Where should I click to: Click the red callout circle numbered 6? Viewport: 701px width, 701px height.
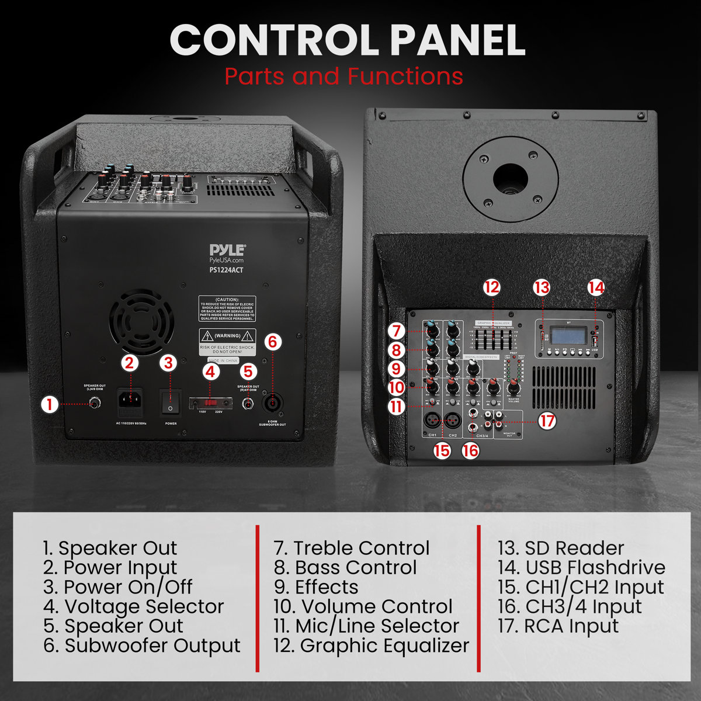pos(273,342)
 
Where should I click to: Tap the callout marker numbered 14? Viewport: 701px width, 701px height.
pos(596,287)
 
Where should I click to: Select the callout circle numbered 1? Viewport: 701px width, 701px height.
pos(51,404)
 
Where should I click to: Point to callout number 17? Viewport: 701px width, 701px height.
pos(547,421)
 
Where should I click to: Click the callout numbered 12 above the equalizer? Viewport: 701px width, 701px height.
pos(492,287)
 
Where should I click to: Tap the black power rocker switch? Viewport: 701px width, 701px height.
pos(170,402)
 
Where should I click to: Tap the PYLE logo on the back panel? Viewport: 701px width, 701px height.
pos(227,251)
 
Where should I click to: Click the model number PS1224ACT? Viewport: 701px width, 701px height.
pos(227,270)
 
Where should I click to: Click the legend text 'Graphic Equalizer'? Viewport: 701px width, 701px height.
pos(384,645)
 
